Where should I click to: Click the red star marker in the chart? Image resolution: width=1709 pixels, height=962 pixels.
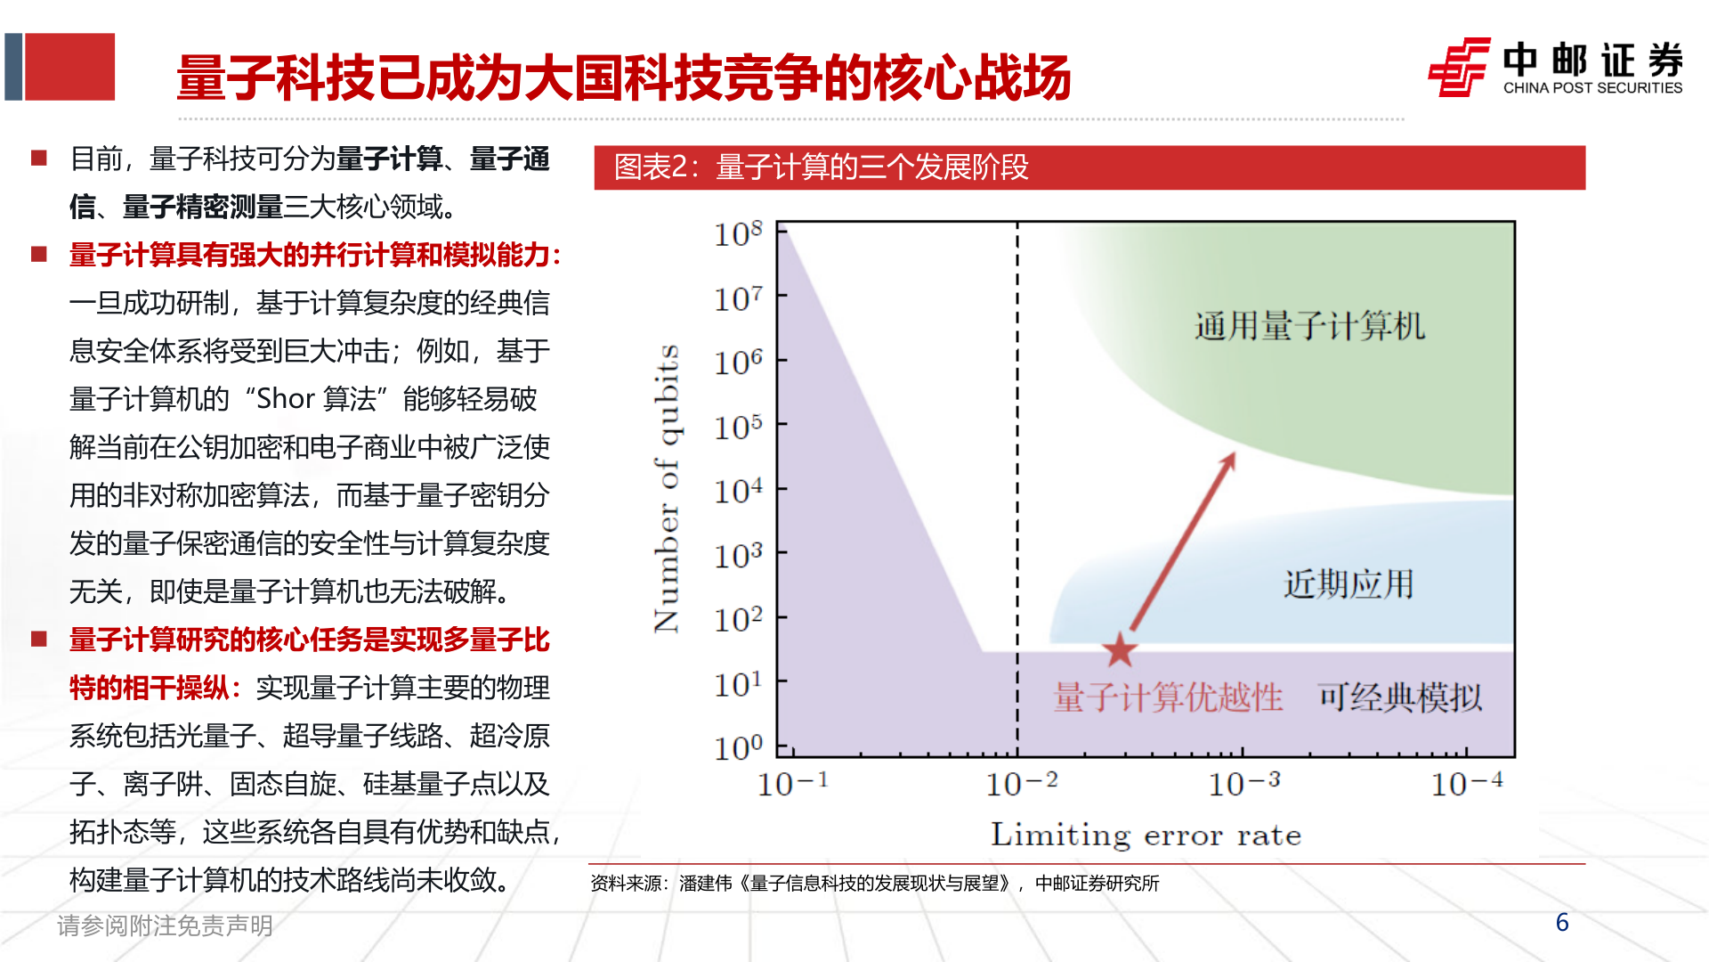coord(1120,650)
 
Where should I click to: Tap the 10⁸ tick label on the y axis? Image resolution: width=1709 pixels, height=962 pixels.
coord(738,234)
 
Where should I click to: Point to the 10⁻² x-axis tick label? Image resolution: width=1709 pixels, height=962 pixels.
coord(1021,784)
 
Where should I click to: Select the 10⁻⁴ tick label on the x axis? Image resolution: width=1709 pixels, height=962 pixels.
coord(1466,784)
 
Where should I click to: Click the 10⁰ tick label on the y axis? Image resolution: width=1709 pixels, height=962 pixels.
coord(738,747)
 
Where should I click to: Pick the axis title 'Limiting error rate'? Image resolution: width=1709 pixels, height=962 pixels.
coord(1146,836)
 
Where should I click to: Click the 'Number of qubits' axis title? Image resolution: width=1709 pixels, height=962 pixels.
coord(667,488)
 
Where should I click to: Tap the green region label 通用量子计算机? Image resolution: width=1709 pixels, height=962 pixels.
coord(1309,326)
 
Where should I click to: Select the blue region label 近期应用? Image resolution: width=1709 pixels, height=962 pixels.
coord(1349,584)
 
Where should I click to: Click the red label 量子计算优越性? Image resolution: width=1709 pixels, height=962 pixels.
coord(1168,697)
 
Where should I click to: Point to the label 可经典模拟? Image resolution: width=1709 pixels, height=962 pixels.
coord(1400,697)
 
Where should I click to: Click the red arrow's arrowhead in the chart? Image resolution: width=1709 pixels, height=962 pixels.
coord(1229,460)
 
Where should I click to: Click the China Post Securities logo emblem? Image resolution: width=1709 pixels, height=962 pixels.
coord(1459,67)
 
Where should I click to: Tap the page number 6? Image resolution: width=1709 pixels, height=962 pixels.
coord(1561,923)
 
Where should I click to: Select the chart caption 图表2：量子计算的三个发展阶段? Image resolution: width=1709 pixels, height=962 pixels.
coord(821,167)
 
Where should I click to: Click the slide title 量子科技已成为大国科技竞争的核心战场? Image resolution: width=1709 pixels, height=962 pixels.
coord(623,77)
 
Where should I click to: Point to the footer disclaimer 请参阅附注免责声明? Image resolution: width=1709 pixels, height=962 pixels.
coord(165,926)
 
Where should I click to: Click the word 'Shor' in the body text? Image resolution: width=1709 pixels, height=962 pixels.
coord(285,399)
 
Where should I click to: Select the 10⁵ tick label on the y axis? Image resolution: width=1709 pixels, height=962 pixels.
coord(738,428)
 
